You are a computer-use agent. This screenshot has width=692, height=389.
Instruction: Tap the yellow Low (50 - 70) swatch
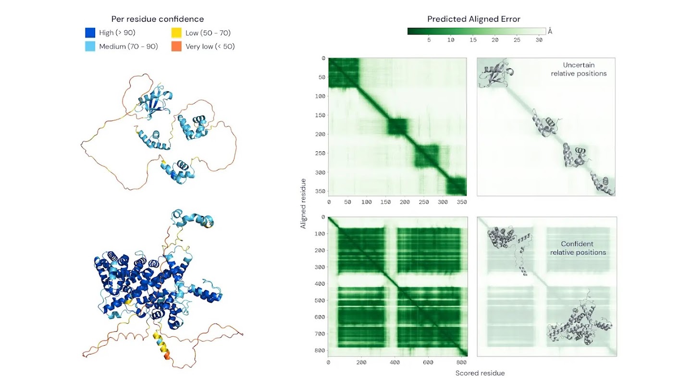click(176, 33)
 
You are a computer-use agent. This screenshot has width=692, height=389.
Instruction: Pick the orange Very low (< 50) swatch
click(176, 47)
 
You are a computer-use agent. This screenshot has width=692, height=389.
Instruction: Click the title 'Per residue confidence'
click(158, 19)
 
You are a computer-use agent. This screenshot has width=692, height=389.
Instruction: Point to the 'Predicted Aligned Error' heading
click(474, 19)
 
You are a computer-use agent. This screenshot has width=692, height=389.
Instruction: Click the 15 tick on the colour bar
click(473, 40)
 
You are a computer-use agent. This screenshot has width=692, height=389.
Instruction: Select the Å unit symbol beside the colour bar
click(550, 32)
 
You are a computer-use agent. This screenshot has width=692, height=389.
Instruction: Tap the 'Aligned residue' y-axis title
click(303, 203)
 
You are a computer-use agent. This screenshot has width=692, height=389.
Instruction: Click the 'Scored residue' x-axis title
click(480, 373)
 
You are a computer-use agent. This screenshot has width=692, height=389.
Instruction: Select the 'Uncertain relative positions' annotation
click(579, 69)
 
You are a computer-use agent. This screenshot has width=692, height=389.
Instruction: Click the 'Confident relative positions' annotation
click(578, 248)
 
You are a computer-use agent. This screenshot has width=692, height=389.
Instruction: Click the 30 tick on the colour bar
click(539, 40)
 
